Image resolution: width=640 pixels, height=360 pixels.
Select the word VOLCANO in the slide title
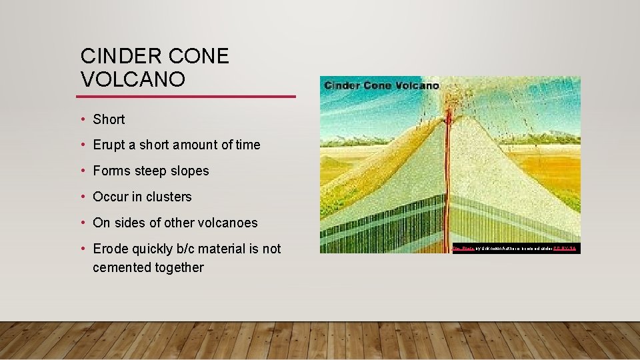[133, 80]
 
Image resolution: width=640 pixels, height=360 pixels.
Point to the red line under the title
[187, 97]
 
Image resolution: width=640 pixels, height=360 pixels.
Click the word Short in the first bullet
[109, 119]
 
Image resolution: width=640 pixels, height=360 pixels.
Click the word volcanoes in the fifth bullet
[227, 223]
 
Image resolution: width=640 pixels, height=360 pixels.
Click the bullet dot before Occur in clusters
[83, 197]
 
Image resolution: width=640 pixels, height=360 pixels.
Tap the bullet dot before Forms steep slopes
[83, 171]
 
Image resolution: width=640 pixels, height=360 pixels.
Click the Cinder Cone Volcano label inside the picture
[381, 85]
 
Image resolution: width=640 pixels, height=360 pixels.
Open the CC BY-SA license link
[564, 248]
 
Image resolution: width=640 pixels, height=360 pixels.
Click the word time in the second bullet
[247, 145]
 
